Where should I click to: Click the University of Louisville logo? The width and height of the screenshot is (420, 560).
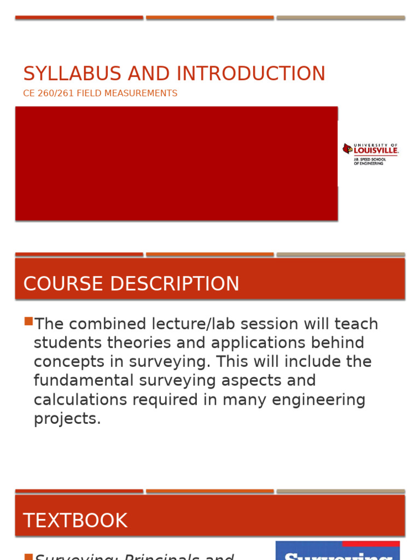coord(370,154)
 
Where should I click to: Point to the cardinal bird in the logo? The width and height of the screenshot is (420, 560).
coord(347,148)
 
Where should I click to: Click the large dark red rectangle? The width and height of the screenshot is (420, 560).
coord(176,164)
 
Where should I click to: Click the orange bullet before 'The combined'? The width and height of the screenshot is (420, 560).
coord(28,322)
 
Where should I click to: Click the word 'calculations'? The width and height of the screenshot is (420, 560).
coord(82,400)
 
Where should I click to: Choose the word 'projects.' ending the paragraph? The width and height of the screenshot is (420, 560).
coord(67,419)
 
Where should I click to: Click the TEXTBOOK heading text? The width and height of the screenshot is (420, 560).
coord(75,521)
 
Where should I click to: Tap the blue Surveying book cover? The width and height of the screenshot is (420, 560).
coord(337,550)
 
